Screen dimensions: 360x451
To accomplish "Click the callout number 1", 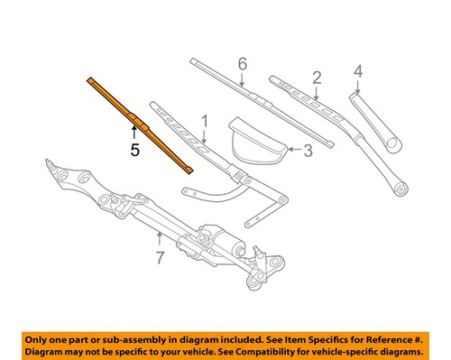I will (x=204, y=120).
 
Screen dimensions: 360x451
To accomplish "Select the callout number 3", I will (x=307, y=152).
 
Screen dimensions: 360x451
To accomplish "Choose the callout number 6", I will (x=242, y=64).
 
